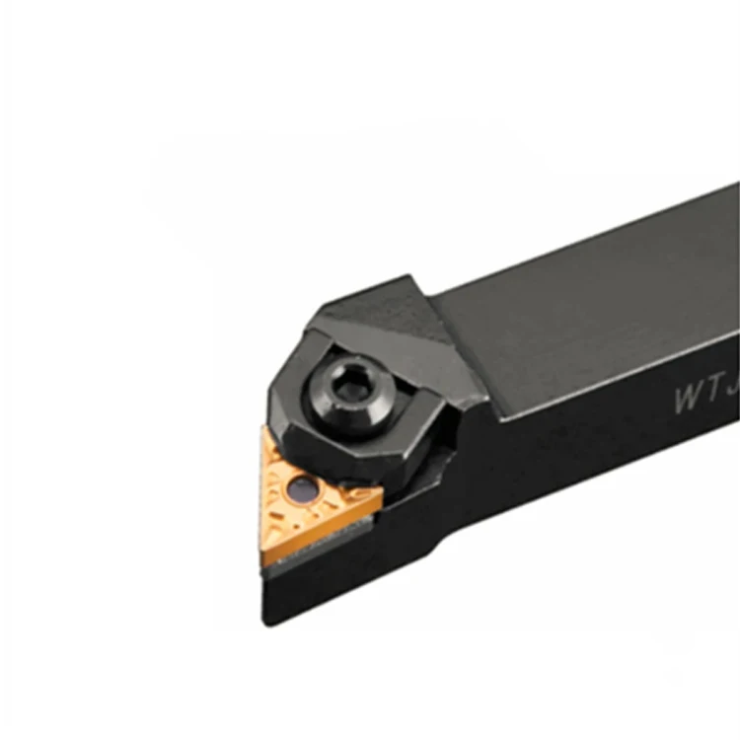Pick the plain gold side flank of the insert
316,538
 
